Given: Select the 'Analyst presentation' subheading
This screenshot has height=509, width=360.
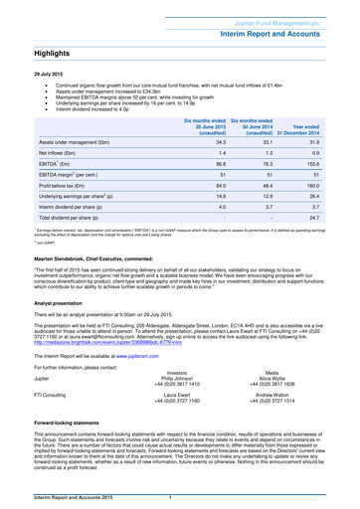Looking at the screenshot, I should [x=60, y=327].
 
